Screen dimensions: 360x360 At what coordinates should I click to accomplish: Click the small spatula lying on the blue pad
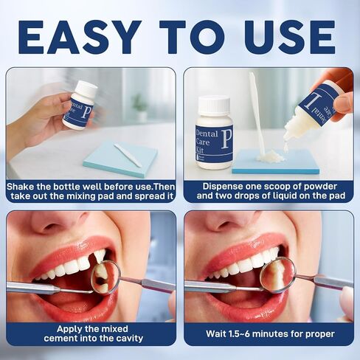tap(128, 155)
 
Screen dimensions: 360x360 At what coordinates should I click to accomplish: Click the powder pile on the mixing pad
tap(270, 156)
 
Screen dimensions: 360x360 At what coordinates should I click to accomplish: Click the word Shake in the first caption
tap(23, 187)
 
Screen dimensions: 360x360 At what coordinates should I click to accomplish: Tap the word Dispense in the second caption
tap(226, 187)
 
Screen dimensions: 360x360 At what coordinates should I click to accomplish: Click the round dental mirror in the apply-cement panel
tap(103, 277)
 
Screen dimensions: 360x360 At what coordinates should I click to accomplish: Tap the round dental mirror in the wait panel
tap(277, 274)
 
